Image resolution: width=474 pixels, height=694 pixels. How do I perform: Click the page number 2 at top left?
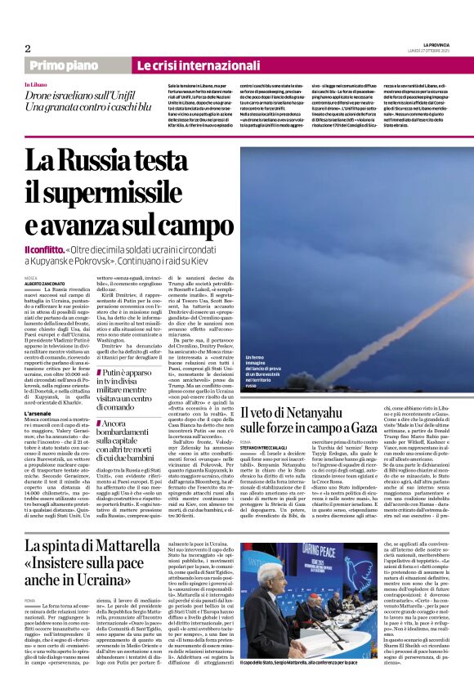28,48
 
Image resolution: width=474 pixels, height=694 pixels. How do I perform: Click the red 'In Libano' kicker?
36,85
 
